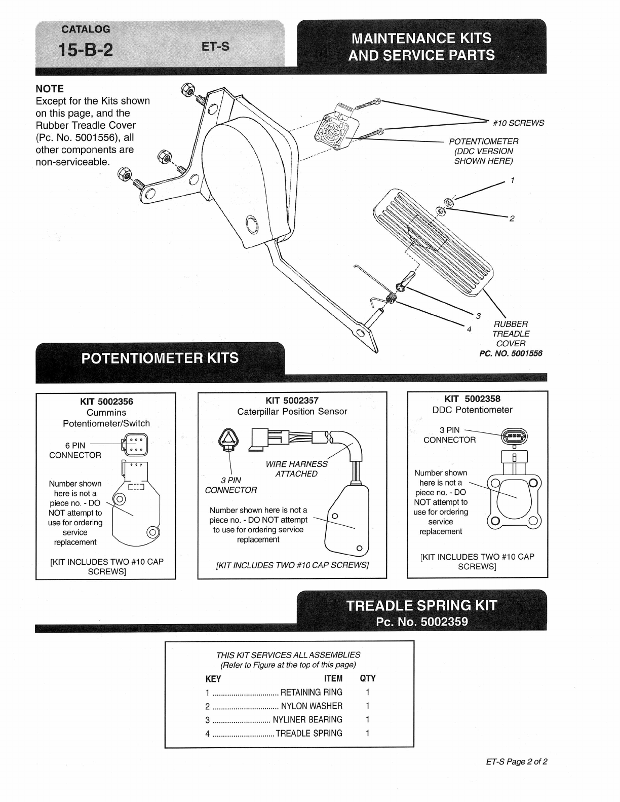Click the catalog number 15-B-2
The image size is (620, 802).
pos(86,50)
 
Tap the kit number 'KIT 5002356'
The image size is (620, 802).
pos(106,402)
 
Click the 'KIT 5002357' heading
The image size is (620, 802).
pos(292,400)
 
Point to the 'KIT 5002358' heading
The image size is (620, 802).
pos(472,398)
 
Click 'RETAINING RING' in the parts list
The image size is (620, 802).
pos(311,692)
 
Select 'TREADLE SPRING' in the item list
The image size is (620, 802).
pos(309,733)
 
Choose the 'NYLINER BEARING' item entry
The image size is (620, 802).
pos(307,719)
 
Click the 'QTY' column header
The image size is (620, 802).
pos(368,678)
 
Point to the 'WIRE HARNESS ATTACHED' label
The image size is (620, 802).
pos(296,469)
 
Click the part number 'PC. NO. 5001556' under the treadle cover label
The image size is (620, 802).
pos(511,353)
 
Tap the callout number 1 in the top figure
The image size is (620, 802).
pos(513,180)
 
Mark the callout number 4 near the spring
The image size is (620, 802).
pos(469,329)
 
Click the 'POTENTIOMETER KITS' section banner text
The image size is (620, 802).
pos(160,358)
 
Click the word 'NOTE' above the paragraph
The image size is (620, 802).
pos(50,89)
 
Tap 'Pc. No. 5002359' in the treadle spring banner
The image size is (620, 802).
pos(421,622)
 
